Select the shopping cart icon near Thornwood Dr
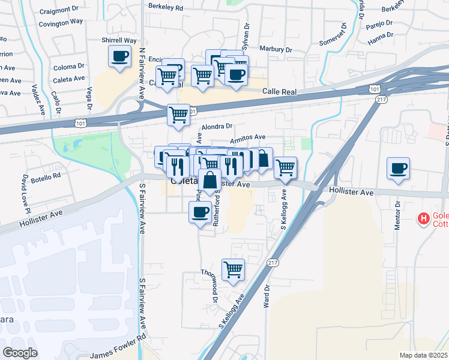pyautogui.click(x=233, y=269)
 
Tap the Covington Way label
pyautogui.click(x=61, y=22)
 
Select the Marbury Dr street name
pyautogui.click(x=276, y=49)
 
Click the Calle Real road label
pyautogui.click(x=281, y=91)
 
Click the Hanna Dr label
pyautogui.click(x=380, y=40)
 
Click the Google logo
pyautogui.click(x=20, y=352)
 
